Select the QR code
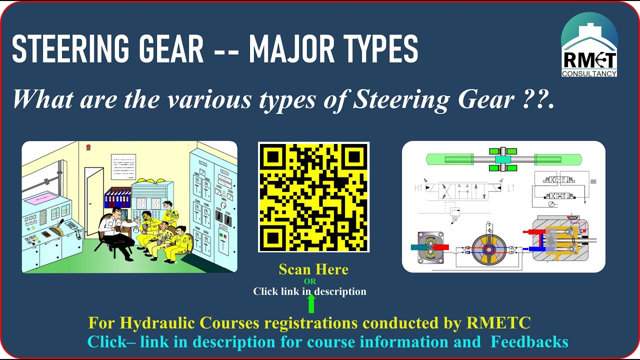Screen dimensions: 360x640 (x=313, y=197)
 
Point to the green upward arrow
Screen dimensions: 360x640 (x=311, y=303)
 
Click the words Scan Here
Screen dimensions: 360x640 (x=313, y=270)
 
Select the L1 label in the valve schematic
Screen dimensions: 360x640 (x=511, y=188)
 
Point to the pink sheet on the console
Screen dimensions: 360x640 (x=44, y=200)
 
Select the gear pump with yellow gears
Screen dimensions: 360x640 (x=430, y=247)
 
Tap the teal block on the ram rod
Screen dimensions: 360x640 (x=503, y=159)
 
